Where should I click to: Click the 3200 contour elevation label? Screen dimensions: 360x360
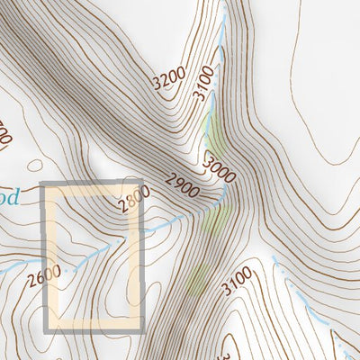point(168,80)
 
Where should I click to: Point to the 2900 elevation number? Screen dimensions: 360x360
point(183,187)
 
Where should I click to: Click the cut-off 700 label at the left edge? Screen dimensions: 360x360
point(4,135)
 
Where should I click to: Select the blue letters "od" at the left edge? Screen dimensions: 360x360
point(7,195)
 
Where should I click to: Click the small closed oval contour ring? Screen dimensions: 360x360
point(34,166)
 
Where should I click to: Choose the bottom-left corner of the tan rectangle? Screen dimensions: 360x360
point(46,328)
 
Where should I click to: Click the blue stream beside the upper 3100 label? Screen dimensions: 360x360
point(221,36)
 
